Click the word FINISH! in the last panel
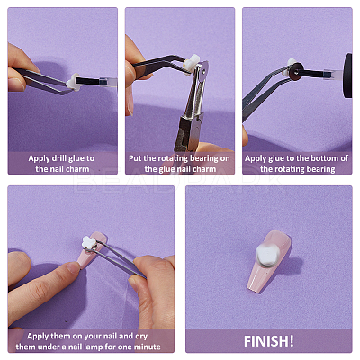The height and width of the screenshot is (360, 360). coord(269,341)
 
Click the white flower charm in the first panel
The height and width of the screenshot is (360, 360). coord(74,82)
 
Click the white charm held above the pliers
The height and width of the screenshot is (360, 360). coord(191,64)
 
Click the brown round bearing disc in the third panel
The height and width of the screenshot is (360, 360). coord(296,72)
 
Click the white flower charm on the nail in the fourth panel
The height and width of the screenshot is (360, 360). coord(89,243)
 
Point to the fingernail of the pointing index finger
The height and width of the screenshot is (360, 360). coord(74,266)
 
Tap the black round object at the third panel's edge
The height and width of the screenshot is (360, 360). coord(347,76)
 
